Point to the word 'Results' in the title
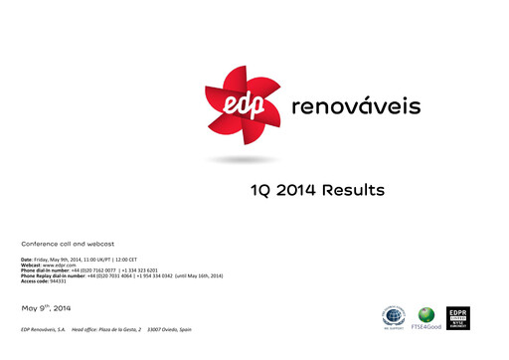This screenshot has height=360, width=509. (358, 190)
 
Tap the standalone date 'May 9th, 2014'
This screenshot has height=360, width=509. (45, 305)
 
